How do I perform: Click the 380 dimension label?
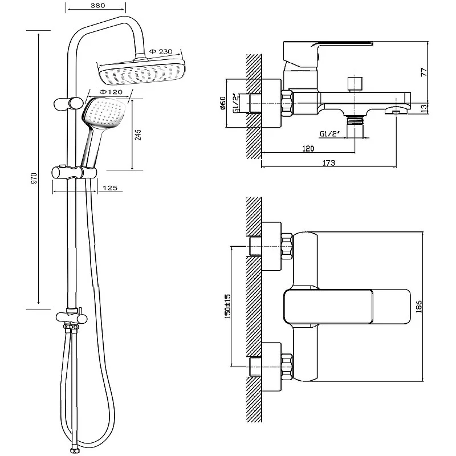[x=96, y=6]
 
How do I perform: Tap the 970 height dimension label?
[x=34, y=178]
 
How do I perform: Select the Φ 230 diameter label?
[x=161, y=52]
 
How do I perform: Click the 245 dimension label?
[x=139, y=135]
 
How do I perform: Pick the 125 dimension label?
[x=111, y=188]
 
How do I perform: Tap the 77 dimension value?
[x=424, y=73]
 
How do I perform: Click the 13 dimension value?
[x=424, y=108]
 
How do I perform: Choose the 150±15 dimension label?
[x=227, y=306]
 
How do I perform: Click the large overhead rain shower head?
[x=142, y=72]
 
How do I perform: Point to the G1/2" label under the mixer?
[x=330, y=134]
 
